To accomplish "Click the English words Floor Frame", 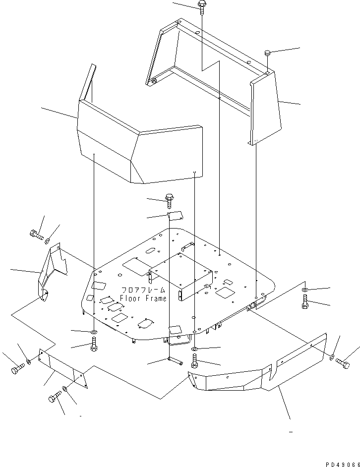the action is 143,298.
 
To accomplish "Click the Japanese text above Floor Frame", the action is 143,290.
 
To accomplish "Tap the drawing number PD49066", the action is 343,465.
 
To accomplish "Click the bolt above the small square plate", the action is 169,201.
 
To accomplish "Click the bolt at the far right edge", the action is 343,363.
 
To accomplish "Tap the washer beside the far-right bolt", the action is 332,357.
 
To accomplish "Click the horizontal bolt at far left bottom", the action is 18,369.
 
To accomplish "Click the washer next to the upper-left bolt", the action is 48,240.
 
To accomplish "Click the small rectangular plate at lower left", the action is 63,368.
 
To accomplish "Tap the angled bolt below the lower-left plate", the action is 54,396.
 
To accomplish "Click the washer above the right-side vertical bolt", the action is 305,290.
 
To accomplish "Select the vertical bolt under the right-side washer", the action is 305,301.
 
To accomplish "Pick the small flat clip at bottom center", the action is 175,360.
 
